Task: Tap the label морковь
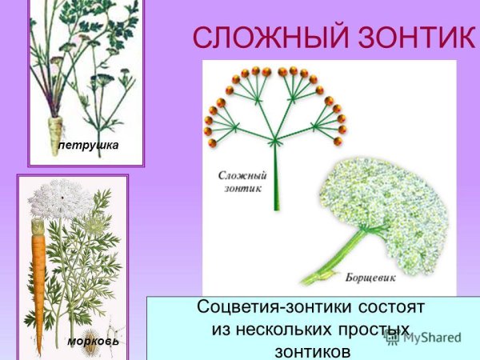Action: tap(94, 342)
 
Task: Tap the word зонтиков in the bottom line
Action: tap(312, 350)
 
